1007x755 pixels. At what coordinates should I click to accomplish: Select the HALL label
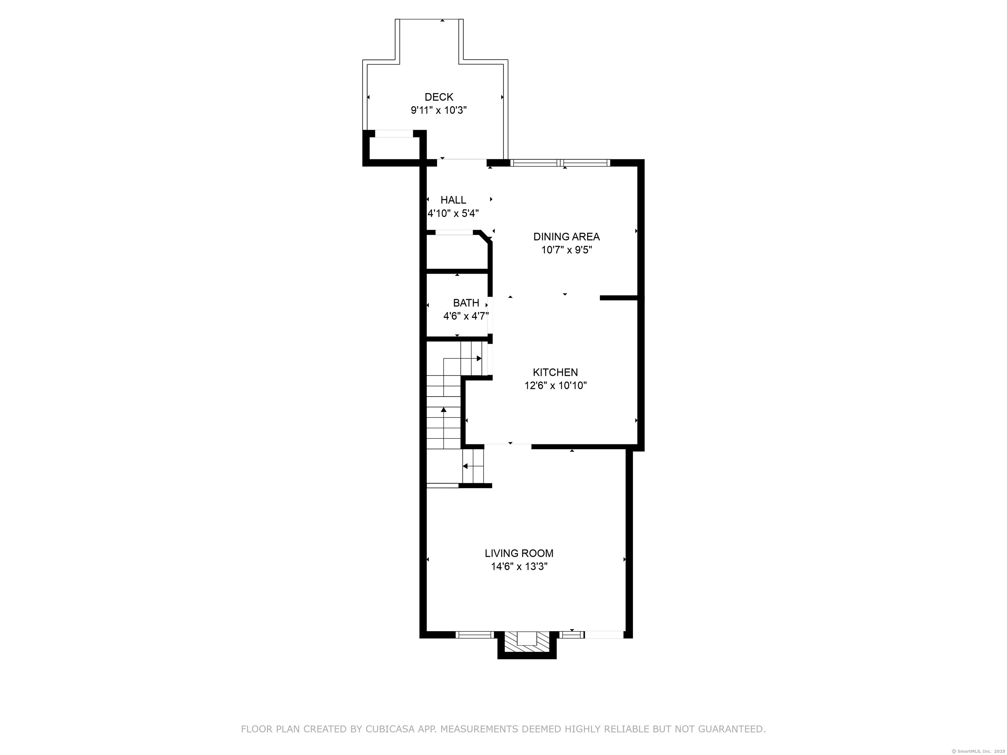point(453,200)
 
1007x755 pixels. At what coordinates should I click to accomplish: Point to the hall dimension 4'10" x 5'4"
point(453,213)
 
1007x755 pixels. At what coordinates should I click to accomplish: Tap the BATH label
point(466,303)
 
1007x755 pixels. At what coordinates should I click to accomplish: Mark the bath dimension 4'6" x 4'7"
point(466,316)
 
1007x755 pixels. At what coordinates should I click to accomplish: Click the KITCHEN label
point(555,372)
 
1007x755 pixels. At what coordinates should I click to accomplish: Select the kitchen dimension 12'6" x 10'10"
point(555,385)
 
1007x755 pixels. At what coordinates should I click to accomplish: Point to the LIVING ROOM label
point(519,553)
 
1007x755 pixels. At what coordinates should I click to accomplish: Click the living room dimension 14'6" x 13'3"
point(519,567)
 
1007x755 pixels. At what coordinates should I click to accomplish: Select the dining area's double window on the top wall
point(560,163)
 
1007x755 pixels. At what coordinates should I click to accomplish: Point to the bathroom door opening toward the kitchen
point(490,316)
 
